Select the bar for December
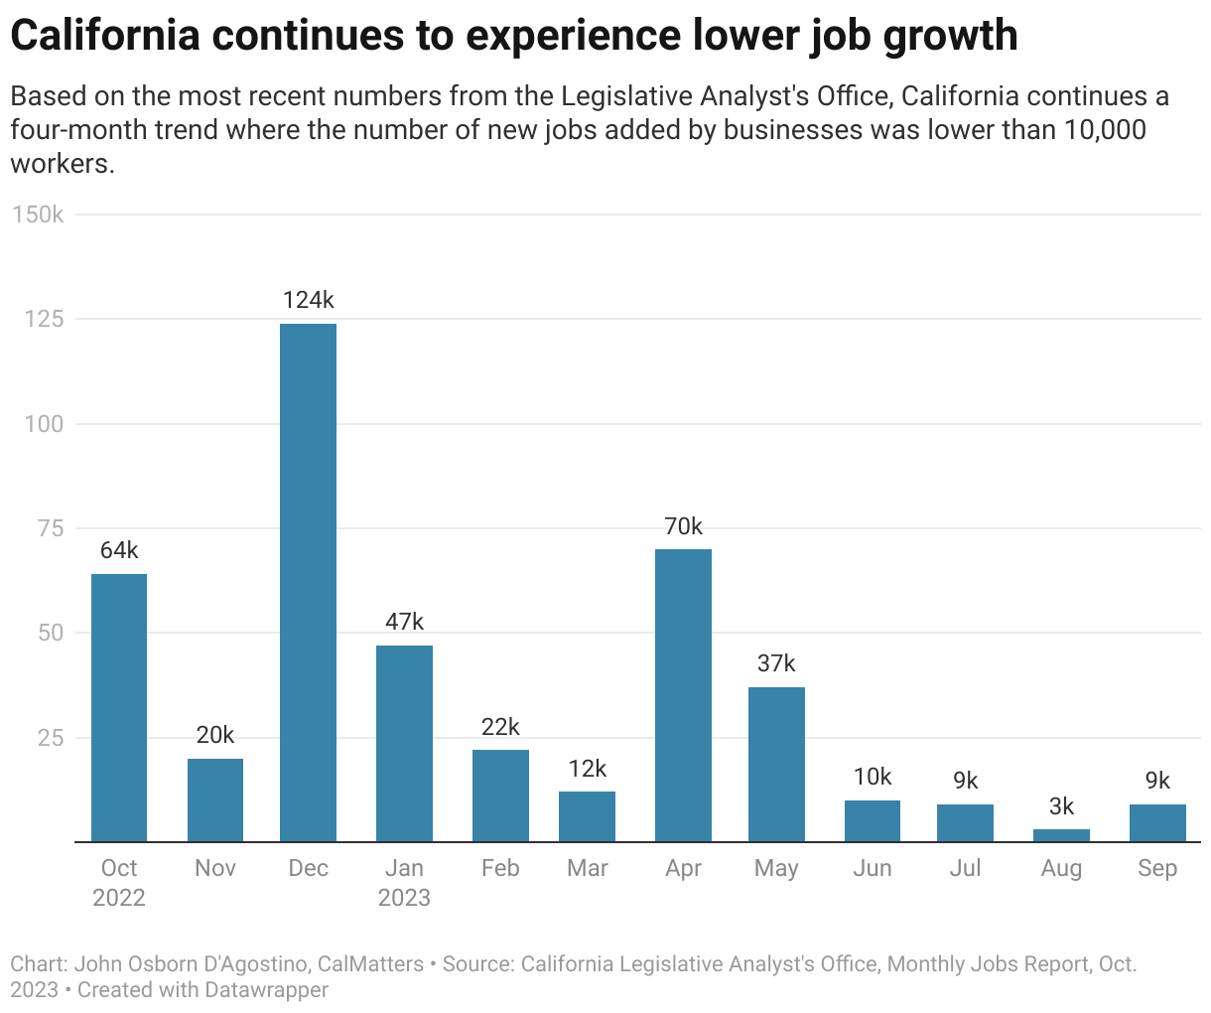pos(308,582)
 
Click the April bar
pos(683,695)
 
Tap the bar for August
pos(1061,835)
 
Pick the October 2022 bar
pos(119,707)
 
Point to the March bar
pos(587,816)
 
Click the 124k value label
pos(308,300)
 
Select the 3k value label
pos(1061,806)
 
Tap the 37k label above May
pos(776,663)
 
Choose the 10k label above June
pos(873,777)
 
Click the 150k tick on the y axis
pos(38,215)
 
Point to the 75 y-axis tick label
pos(50,528)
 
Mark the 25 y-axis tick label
pos(50,738)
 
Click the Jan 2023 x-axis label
pos(404,883)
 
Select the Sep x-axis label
pos(1157,868)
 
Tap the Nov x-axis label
pos(215,868)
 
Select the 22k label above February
pos(500,727)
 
